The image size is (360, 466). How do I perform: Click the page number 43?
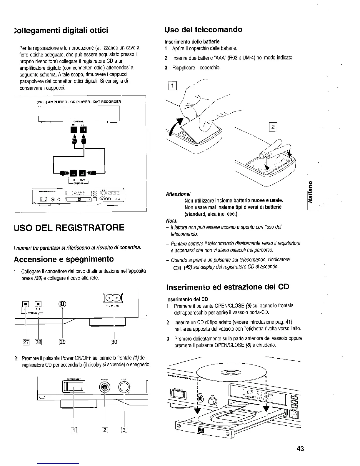point(300,449)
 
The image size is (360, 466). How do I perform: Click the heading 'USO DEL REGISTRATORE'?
point(69,228)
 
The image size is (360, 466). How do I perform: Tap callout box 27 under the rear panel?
point(26,342)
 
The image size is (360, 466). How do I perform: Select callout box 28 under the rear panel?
point(39,342)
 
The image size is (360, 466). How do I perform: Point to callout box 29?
point(62,342)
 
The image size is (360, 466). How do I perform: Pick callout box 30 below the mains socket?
point(114,342)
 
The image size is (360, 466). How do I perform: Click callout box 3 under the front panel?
point(124,430)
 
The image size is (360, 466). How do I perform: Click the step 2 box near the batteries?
point(273,127)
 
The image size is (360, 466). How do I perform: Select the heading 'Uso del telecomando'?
point(204,29)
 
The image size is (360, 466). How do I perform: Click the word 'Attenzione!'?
point(178,194)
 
